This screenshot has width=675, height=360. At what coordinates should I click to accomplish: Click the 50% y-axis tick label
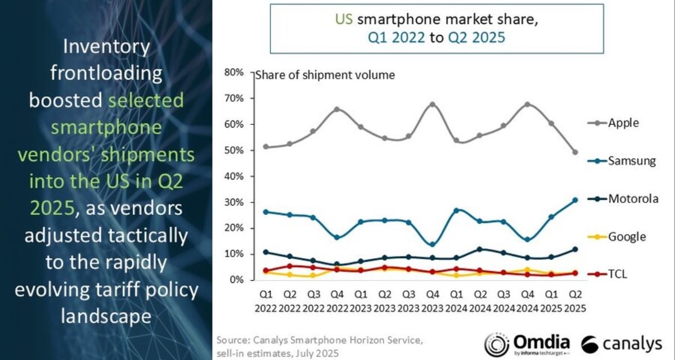point(236,151)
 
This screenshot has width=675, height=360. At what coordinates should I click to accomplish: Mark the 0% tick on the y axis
point(238,280)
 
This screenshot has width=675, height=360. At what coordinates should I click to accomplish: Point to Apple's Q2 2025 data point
point(575,152)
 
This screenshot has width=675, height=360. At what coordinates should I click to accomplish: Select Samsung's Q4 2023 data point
point(431,245)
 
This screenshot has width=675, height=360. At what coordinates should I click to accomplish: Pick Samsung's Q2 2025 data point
point(575,200)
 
